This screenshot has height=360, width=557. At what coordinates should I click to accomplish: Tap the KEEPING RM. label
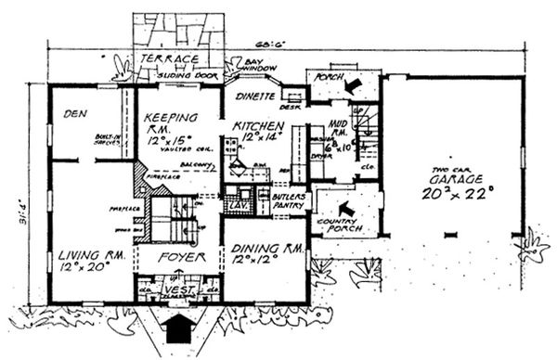[170, 118]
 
